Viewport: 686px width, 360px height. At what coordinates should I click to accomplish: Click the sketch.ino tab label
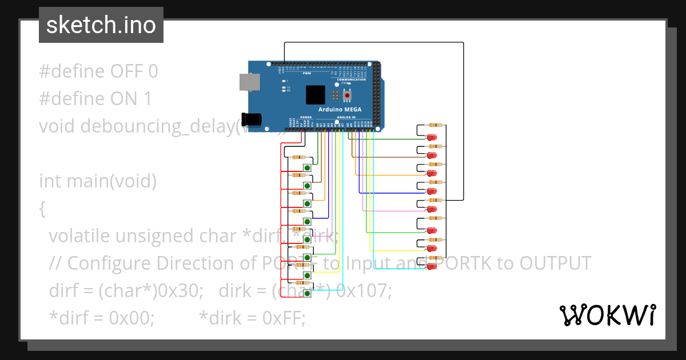tap(101, 25)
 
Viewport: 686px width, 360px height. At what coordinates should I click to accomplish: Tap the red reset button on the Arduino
tap(347, 95)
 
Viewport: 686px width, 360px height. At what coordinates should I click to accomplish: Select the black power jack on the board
tap(252, 119)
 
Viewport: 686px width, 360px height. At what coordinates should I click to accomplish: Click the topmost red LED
tap(432, 138)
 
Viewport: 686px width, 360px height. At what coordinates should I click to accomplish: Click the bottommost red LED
tap(432, 267)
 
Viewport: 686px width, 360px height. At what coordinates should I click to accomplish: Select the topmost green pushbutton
tap(308, 167)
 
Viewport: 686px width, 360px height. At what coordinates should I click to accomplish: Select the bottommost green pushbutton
tap(308, 293)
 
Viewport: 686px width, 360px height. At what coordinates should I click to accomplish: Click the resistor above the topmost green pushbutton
tap(298, 157)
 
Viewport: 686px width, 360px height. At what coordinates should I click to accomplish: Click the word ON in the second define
tap(123, 99)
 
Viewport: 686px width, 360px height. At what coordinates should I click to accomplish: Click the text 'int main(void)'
tap(97, 181)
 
